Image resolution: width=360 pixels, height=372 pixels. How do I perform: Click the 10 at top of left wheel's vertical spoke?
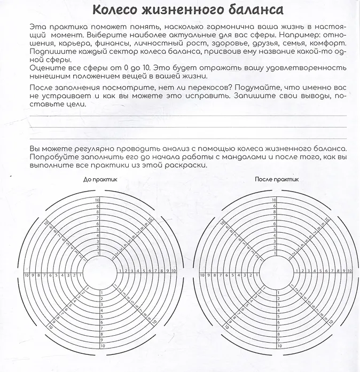(98, 200)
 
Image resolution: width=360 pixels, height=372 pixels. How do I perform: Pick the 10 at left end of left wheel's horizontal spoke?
(27, 275)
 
